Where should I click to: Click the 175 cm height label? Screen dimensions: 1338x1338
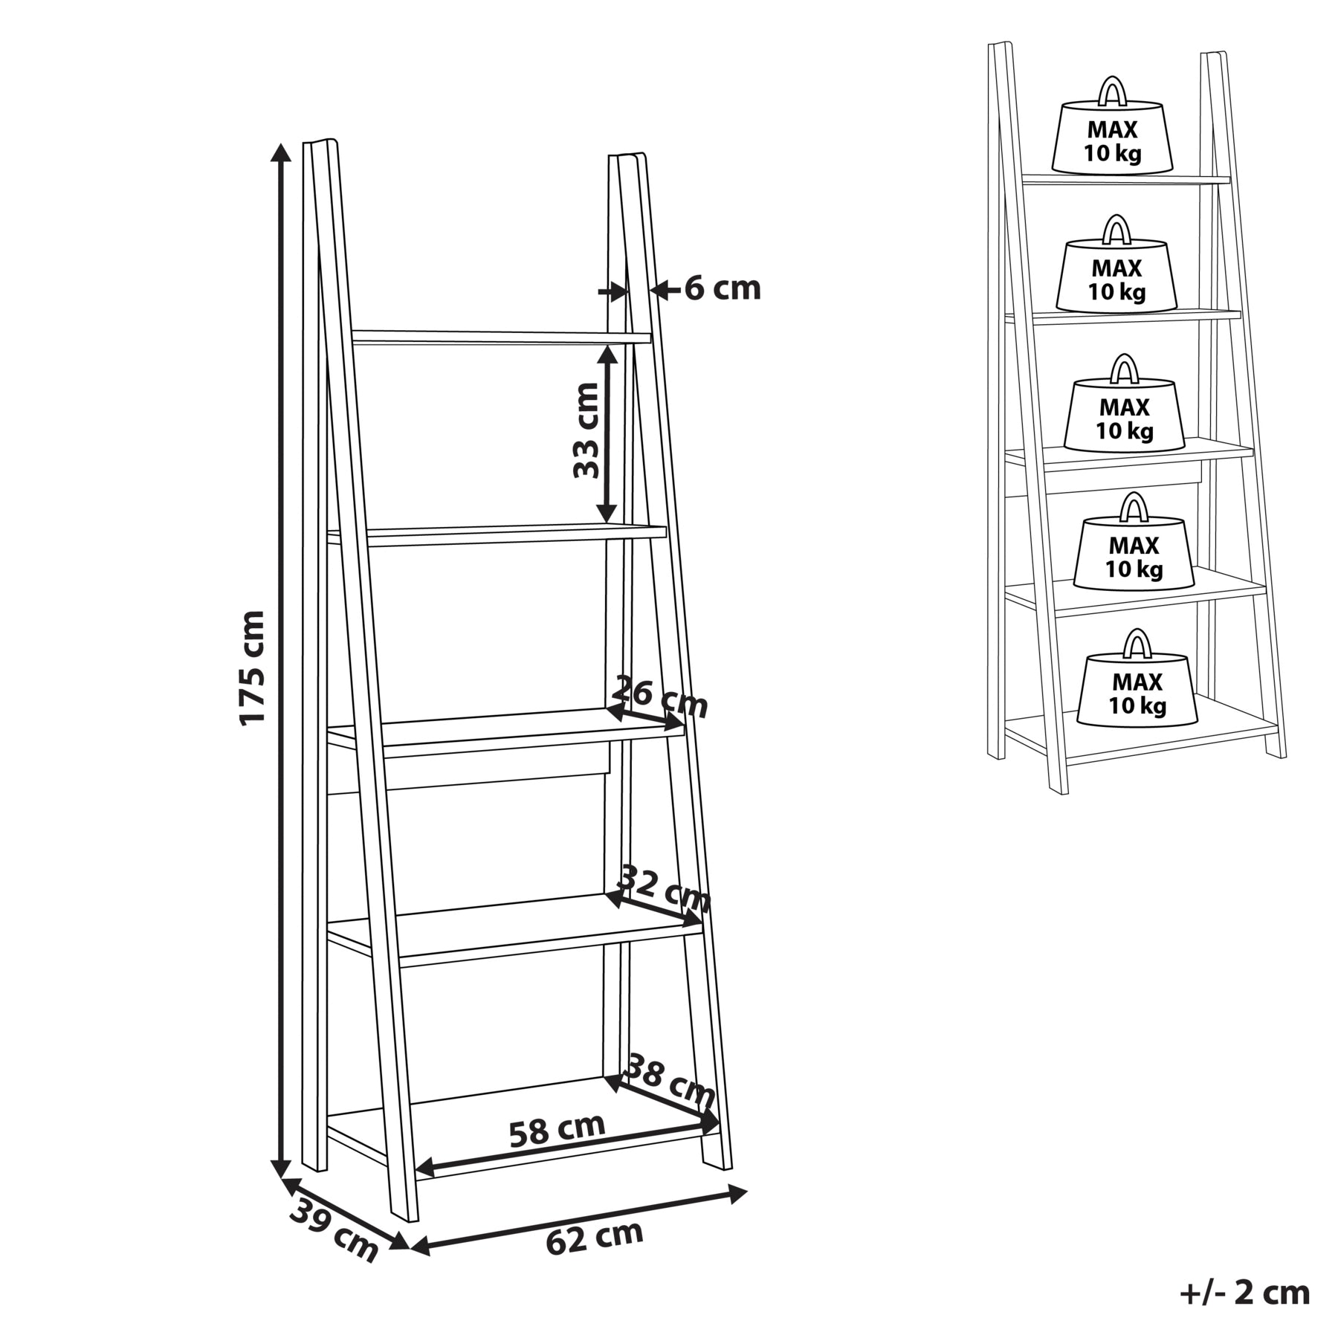coord(251,667)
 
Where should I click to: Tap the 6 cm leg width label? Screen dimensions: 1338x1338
coord(723,288)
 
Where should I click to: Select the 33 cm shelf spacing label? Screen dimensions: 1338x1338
coord(586,430)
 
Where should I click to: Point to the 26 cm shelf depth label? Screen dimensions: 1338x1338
coord(659,697)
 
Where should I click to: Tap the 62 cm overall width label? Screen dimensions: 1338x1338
coord(595,1238)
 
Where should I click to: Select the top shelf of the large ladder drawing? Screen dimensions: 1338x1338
coord(501,337)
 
